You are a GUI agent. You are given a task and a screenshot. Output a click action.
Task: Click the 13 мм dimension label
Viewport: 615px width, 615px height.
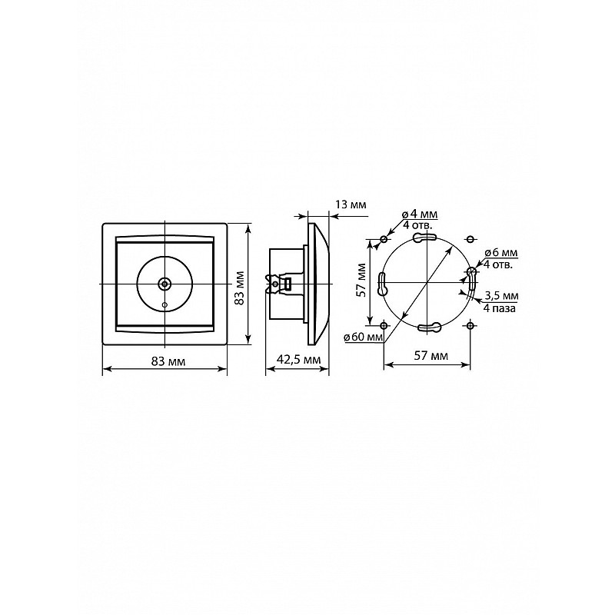pyautogui.click(x=351, y=204)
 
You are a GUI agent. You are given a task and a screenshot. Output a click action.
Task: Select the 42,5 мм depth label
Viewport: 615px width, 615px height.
pyautogui.click(x=298, y=359)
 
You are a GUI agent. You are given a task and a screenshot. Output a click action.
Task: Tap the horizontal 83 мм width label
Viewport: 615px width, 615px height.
pyautogui.click(x=168, y=361)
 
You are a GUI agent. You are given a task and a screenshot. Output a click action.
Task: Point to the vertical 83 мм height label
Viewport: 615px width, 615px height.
pyautogui.click(x=239, y=288)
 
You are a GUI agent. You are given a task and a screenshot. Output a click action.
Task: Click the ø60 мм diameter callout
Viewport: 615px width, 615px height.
pyautogui.click(x=363, y=337)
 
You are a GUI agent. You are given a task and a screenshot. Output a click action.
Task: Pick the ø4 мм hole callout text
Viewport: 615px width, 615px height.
pyautogui.click(x=419, y=214)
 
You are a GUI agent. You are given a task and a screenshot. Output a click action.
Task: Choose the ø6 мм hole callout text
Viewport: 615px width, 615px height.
pyautogui.click(x=501, y=254)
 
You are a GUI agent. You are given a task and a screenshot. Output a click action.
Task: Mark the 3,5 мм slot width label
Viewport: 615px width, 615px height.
pyautogui.click(x=502, y=295)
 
